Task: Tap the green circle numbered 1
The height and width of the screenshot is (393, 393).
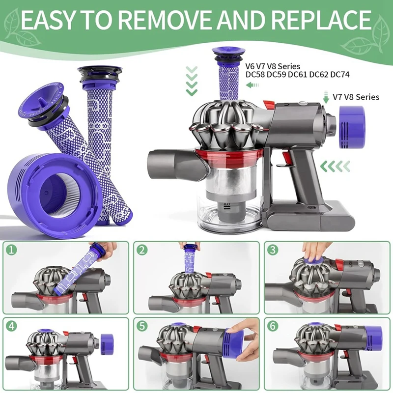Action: tap(12, 251)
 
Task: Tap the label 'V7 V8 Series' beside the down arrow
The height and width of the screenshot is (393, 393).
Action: tap(356, 97)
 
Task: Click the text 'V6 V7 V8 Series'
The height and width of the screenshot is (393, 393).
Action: tap(272, 65)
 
